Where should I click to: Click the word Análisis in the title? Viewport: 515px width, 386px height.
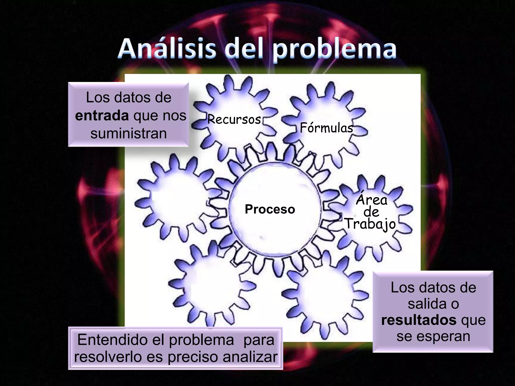pyautogui.click(x=167, y=48)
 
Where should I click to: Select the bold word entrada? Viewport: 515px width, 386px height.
pyautogui.click(x=102, y=116)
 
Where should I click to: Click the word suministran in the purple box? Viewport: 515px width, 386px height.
pyautogui.click(x=128, y=133)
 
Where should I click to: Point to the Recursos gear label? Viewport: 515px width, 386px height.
pyautogui.click(x=234, y=119)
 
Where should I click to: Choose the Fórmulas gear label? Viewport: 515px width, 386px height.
pyautogui.click(x=326, y=128)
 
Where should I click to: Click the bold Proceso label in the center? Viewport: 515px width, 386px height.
pyautogui.click(x=270, y=209)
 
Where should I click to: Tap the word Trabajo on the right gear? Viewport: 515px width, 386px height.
pyautogui.click(x=370, y=224)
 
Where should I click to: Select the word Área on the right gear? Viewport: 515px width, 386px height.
pyautogui.click(x=372, y=200)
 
